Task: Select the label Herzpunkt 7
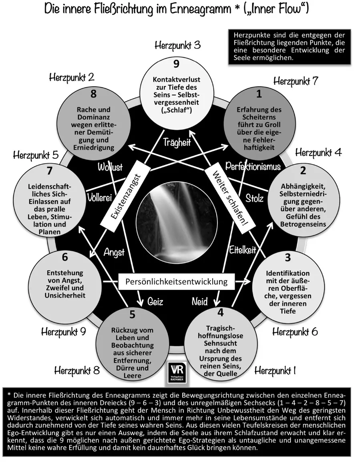[x=296, y=81]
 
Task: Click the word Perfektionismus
[x=253, y=166]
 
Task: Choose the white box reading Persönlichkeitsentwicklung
[x=176, y=281]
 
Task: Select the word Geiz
[x=155, y=301]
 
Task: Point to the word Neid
[x=199, y=301]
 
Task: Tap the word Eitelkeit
[x=242, y=250]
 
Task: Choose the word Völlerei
[x=99, y=197]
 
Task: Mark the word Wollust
[x=110, y=167]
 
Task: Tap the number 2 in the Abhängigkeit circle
[x=303, y=170]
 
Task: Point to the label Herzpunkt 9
[x=63, y=332]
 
